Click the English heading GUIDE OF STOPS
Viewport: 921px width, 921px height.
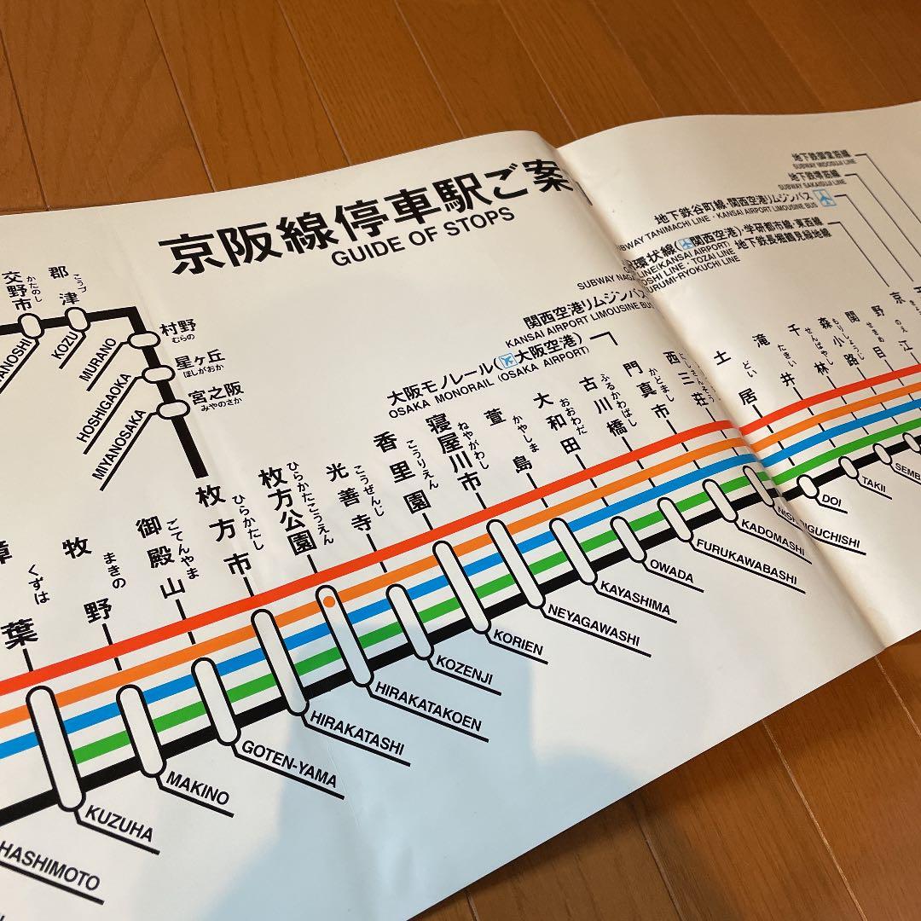tap(423, 231)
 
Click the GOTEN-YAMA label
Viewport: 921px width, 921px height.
tap(289, 763)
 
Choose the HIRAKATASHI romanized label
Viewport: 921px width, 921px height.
tap(356, 734)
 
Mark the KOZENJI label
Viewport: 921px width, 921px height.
tap(465, 671)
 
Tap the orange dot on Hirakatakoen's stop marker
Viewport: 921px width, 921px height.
tap(328, 601)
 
